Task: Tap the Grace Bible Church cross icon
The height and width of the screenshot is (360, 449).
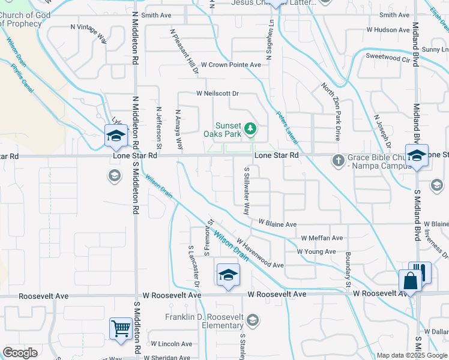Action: tap(338, 160)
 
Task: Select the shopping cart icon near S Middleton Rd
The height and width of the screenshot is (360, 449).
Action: tap(121, 329)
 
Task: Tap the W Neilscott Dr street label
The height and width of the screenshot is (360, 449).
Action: tap(217, 94)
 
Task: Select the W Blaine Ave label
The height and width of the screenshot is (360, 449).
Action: tap(277, 224)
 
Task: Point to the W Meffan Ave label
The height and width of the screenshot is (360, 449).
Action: tap(322, 238)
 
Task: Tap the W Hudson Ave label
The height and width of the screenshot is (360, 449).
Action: tap(388, 29)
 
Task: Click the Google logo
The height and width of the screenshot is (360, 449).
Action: tap(20, 353)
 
